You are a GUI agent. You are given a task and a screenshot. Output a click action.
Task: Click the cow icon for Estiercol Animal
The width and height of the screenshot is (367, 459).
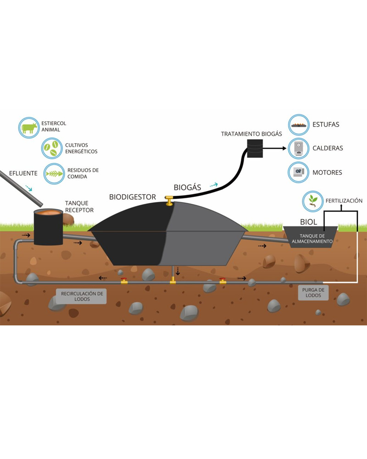tap(29, 128)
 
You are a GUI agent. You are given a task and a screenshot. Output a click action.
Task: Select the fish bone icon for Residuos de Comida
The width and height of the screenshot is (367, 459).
tap(54, 174)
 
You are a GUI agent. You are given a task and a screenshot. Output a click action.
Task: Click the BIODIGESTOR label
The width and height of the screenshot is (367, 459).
tap(133, 197)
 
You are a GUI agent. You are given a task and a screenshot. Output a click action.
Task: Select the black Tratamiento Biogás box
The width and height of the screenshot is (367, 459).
tap(255, 148)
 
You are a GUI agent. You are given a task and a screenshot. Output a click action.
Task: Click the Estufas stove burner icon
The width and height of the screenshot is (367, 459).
tap(299, 125)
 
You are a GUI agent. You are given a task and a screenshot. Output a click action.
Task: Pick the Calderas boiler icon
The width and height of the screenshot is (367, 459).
tap(299, 148)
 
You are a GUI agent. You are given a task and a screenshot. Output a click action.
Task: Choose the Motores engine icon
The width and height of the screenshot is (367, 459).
tap(299, 173)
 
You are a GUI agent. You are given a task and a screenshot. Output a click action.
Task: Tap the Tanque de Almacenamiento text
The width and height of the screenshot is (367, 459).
tap(310, 238)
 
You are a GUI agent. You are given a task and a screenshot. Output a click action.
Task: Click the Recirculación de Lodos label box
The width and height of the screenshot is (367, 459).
tap(81, 296)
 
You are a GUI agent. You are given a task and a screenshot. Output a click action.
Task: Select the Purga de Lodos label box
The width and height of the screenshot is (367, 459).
tap(313, 292)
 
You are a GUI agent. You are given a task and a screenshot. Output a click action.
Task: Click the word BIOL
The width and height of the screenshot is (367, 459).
tap(309, 222)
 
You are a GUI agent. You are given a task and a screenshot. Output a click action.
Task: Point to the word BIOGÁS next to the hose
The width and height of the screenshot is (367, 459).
tap(187, 187)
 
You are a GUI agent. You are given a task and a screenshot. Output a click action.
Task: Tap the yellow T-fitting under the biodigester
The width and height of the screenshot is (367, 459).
tap(172, 280)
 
